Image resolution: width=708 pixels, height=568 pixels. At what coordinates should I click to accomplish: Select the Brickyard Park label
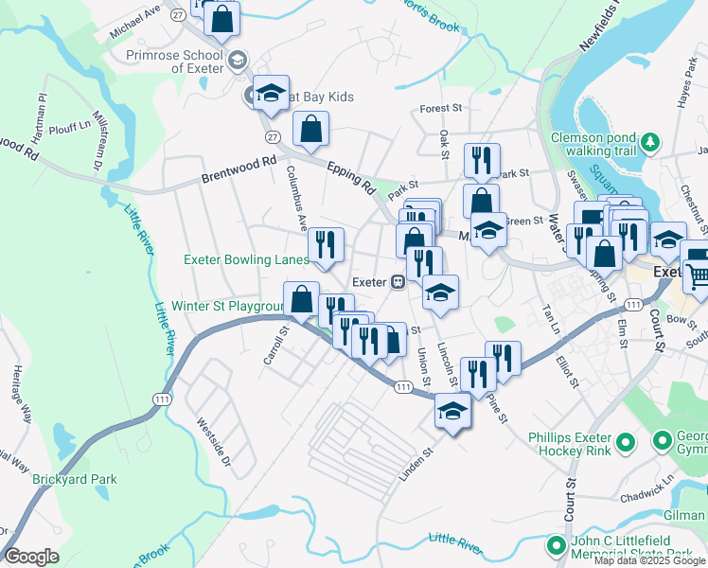[75, 480]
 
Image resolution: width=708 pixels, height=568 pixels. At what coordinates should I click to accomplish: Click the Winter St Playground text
[227, 307]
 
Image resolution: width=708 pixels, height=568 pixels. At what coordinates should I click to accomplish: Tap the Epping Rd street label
[351, 179]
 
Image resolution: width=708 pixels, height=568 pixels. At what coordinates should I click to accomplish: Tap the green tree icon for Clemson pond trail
[649, 143]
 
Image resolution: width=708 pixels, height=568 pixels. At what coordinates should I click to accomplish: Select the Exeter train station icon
[399, 282]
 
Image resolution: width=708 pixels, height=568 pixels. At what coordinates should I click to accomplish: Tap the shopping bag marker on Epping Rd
[310, 130]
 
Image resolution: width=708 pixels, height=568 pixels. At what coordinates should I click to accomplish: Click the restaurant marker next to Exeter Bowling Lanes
[326, 246]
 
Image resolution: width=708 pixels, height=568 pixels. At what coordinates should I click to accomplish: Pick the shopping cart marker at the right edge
[699, 276]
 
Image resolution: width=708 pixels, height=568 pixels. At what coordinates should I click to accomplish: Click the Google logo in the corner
[31, 557]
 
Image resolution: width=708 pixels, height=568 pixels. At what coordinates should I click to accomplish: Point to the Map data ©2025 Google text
[649, 560]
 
